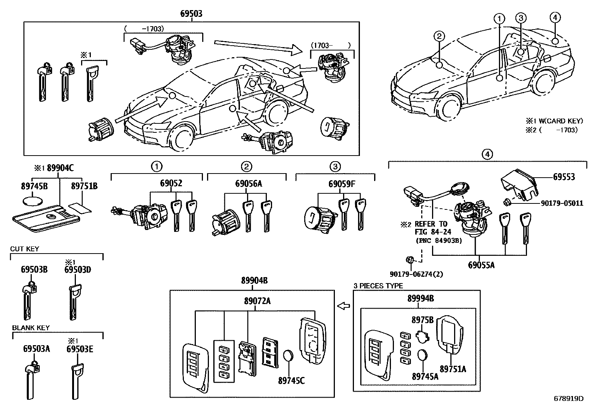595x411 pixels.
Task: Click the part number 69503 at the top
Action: pos(191,14)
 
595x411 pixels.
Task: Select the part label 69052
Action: pos(171,184)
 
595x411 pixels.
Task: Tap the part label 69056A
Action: pos(249,184)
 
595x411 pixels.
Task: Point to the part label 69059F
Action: pos(342,184)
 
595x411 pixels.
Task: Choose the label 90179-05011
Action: pos(562,203)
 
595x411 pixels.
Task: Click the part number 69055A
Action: pos(481,265)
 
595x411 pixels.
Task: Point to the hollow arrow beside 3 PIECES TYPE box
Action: pos(343,306)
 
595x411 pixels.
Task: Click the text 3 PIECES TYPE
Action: pos(378,286)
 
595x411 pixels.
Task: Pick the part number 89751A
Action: pos(453,369)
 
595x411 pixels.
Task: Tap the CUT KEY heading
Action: pos(25,249)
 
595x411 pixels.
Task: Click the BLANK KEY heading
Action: pos(31,328)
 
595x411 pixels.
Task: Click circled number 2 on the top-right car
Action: pos(439,36)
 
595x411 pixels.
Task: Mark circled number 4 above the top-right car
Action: pos(555,17)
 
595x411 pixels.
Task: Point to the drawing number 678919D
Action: pos(568,398)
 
